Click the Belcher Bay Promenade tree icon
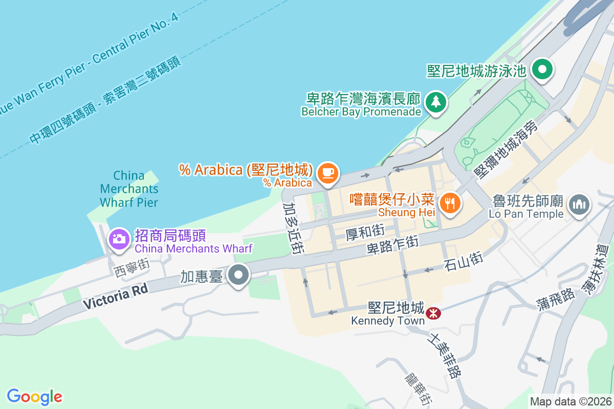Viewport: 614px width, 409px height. (435, 102)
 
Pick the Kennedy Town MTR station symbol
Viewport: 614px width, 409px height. (433, 311)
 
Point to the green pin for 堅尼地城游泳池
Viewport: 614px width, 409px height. (542, 70)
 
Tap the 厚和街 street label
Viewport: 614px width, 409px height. (365, 233)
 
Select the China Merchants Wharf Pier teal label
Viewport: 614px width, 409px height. (129, 189)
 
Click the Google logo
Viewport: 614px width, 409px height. (34, 397)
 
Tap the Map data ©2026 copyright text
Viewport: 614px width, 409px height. (570, 402)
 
